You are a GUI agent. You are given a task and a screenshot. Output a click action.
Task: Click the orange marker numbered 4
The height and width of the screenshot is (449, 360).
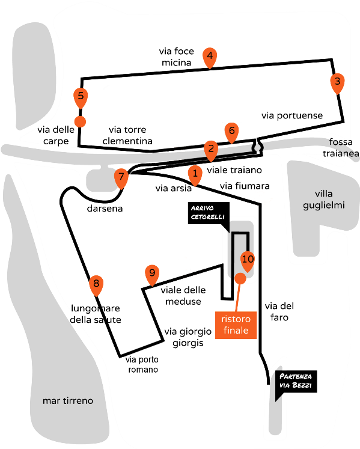210,58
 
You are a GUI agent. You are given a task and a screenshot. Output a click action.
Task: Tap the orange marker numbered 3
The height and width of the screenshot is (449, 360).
337,83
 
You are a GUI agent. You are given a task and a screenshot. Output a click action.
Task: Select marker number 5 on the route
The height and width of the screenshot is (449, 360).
81,98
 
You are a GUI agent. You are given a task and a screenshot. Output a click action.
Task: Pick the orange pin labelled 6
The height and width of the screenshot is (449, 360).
232,133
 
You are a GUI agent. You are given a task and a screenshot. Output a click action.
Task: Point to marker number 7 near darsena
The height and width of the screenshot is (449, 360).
121,179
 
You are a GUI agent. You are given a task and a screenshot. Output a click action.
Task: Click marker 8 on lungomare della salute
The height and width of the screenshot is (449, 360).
96,286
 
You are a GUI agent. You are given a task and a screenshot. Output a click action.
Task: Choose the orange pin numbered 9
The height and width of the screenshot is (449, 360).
152,275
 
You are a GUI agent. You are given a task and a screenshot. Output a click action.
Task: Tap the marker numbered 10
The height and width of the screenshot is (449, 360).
248,261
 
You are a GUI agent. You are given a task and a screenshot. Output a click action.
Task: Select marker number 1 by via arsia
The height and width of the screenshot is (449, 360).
195,176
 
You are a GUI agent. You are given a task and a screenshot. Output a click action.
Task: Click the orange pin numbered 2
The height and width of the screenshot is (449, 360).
211,151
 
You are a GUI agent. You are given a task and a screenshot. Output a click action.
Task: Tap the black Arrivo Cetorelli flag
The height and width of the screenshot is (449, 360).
209,215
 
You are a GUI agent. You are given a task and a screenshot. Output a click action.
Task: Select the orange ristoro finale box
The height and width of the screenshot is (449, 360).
236,325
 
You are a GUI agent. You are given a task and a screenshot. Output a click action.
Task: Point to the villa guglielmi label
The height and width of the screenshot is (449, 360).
323,200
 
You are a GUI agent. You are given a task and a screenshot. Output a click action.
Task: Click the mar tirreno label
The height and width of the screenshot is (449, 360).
68,400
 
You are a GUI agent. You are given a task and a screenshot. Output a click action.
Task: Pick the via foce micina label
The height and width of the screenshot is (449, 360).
177,57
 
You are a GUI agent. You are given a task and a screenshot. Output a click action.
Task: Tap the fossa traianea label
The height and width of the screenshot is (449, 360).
341,148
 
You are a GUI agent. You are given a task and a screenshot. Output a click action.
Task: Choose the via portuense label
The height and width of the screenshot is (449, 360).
292,115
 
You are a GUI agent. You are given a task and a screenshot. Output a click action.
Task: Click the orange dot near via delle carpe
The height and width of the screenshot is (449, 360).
80,121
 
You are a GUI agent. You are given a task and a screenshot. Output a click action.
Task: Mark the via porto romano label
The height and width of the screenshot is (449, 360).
142,364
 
